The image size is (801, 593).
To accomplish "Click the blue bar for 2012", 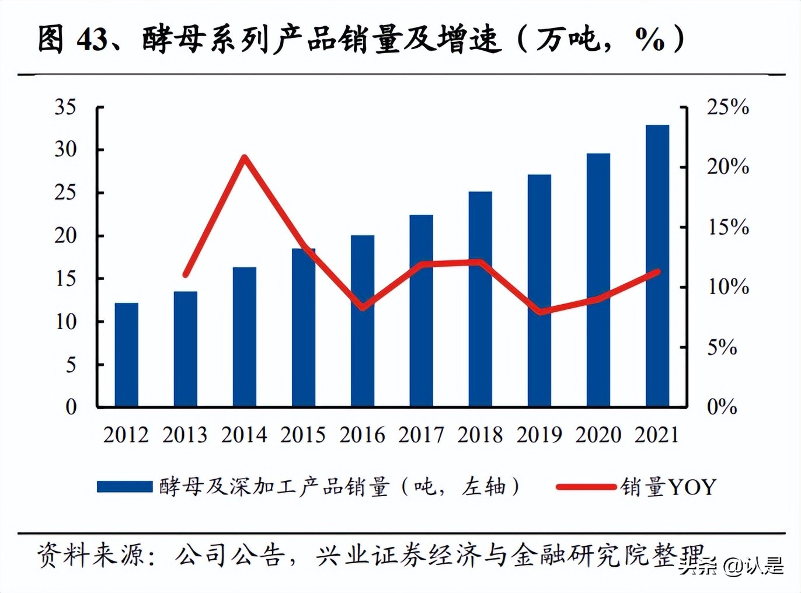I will pyautogui.click(x=126, y=354).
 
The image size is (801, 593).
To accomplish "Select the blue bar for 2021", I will pyautogui.click(x=657, y=266).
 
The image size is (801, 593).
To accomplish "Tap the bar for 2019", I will pyautogui.click(x=539, y=290).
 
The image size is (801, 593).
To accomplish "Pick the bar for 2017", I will pyautogui.click(x=421, y=311).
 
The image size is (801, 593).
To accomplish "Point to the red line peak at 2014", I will pyautogui.click(x=245, y=157).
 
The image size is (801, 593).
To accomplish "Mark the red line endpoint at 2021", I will pyautogui.click(x=657, y=272).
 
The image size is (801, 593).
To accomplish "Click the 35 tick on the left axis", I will pyautogui.click(x=65, y=107).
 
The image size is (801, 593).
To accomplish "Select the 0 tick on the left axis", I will pyautogui.click(x=71, y=407).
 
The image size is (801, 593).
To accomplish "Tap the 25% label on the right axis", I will pyautogui.click(x=727, y=107).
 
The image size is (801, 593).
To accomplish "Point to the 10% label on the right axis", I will pyautogui.click(x=727, y=287).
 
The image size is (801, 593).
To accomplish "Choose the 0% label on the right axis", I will pyautogui.click(x=722, y=407).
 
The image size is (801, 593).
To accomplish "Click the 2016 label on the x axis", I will pyautogui.click(x=362, y=435).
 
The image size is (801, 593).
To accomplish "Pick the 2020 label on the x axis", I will pyautogui.click(x=598, y=435).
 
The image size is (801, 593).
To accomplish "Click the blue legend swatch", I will pyautogui.click(x=124, y=487).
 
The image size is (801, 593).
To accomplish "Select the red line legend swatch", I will pyautogui.click(x=586, y=487).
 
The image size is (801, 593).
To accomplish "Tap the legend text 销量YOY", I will pyautogui.click(x=668, y=487).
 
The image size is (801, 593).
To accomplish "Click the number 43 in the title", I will pyautogui.click(x=92, y=40).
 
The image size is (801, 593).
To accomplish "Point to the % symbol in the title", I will pyautogui.click(x=649, y=40).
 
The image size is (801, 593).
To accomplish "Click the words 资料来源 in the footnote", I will pyautogui.click(x=90, y=554).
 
